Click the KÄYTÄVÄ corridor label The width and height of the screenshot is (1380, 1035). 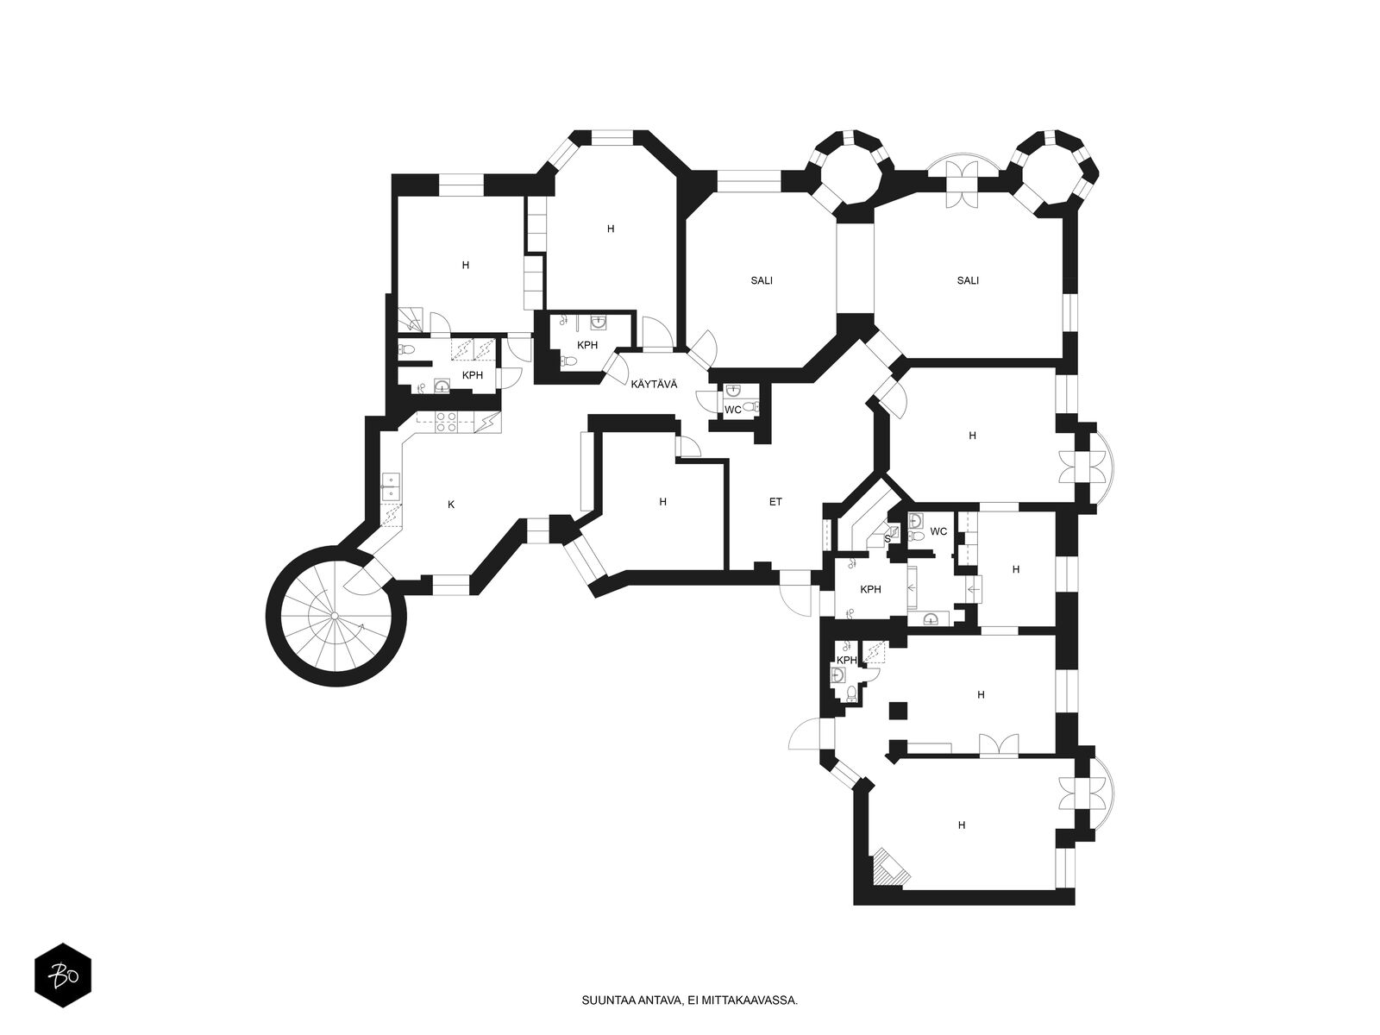[x=654, y=385]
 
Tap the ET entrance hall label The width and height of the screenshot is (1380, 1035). [x=775, y=502]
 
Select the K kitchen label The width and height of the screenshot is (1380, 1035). [x=451, y=505]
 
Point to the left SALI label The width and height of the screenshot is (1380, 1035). [x=762, y=281]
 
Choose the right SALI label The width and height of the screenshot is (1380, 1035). [x=968, y=281]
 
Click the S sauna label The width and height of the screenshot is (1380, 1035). [x=888, y=538]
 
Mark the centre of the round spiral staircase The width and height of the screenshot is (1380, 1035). [x=336, y=615]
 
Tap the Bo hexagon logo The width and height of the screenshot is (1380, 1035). [x=62, y=975]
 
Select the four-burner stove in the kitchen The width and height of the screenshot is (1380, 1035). [x=447, y=422]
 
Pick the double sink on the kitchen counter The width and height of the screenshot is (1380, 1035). [x=391, y=487]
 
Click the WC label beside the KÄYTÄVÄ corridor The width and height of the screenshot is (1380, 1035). [x=733, y=410]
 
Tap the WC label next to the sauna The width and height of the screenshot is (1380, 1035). [x=938, y=531]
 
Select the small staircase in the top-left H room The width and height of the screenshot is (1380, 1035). [x=411, y=319]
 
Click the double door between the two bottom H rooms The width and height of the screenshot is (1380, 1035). [x=999, y=746]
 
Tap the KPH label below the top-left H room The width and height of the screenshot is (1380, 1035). [x=472, y=375]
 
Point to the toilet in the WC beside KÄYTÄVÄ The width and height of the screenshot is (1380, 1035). [x=749, y=406]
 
